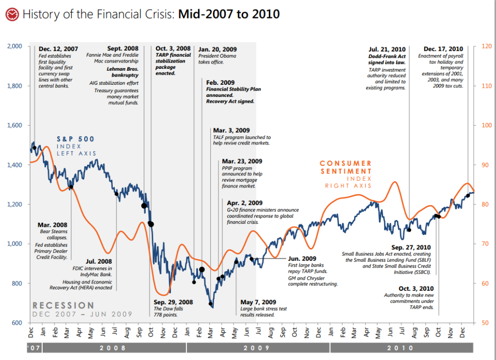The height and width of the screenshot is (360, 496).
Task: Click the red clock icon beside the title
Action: pyautogui.click(x=12, y=15)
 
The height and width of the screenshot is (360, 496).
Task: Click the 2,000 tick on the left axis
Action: pyautogui.click(x=16, y=47)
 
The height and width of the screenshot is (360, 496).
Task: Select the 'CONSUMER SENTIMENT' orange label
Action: pyautogui.click(x=346, y=167)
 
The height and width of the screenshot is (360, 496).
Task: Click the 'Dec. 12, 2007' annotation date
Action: pyautogui.click(x=58, y=49)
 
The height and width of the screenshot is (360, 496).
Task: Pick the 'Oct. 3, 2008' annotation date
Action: pyautogui.click(x=173, y=48)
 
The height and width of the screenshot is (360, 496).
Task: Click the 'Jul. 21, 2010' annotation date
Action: pyautogui.click(x=387, y=49)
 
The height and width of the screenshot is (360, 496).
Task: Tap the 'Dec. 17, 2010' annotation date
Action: pyautogui.click(x=443, y=49)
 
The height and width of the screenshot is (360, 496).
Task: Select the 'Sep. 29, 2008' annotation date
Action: pyautogui.click(x=173, y=302)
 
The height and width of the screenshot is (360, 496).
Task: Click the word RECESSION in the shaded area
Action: pyautogui.click(x=63, y=305)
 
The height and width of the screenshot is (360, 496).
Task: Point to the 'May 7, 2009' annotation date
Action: pyautogui.click(x=258, y=302)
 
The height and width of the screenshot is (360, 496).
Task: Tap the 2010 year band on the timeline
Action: pyautogui.click(x=401, y=348)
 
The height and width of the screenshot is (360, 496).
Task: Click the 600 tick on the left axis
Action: pyautogui.click(x=18, y=323)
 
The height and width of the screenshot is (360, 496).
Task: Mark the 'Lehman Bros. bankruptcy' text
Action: pyautogui.click(x=123, y=72)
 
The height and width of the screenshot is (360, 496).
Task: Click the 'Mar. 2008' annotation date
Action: pyautogui.click(x=52, y=225)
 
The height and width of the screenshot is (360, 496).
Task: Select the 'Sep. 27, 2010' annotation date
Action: pyautogui.click(x=411, y=247)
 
